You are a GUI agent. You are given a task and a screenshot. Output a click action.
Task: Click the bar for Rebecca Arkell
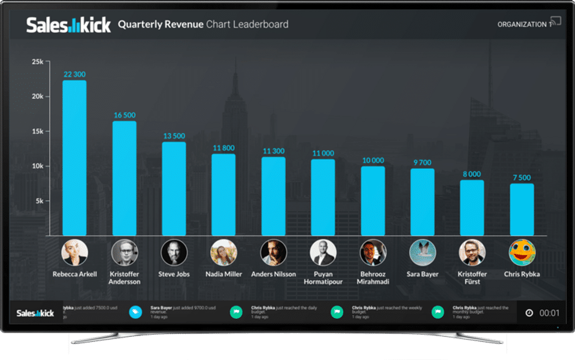coord(74,158)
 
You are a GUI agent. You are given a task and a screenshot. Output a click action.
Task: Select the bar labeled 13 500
coord(174,189)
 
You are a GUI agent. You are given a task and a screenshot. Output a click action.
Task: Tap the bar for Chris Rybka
coord(522,210)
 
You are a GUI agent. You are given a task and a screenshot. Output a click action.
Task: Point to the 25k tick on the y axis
coord(38,62)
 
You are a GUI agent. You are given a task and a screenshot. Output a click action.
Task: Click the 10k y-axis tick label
coord(38,166)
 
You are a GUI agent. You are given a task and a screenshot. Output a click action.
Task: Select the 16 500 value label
coord(125,115)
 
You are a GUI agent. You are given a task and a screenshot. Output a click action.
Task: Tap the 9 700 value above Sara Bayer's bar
coord(422,162)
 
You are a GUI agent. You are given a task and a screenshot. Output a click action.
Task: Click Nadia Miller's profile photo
coord(223,253)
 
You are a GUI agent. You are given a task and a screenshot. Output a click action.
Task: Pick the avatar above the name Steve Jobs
coord(174,253)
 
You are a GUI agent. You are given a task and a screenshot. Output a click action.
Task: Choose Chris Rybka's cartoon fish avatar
coord(522,253)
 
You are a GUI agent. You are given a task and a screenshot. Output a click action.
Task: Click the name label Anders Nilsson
coord(273,274)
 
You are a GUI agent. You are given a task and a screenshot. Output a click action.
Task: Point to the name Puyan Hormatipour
coord(323,278)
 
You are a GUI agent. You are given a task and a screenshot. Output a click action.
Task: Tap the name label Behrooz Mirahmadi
coord(373,278)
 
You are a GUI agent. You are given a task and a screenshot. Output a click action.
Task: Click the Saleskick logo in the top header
coord(68,25)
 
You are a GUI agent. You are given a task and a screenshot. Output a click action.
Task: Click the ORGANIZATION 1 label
coord(522,25)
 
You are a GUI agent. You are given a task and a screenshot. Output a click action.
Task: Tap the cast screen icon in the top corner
coord(555,22)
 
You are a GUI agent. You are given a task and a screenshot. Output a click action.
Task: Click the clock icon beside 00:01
coord(529,313)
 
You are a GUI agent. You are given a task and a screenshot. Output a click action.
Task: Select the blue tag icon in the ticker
coord(135,311)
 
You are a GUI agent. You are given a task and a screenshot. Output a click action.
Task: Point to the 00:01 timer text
coord(549,313)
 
